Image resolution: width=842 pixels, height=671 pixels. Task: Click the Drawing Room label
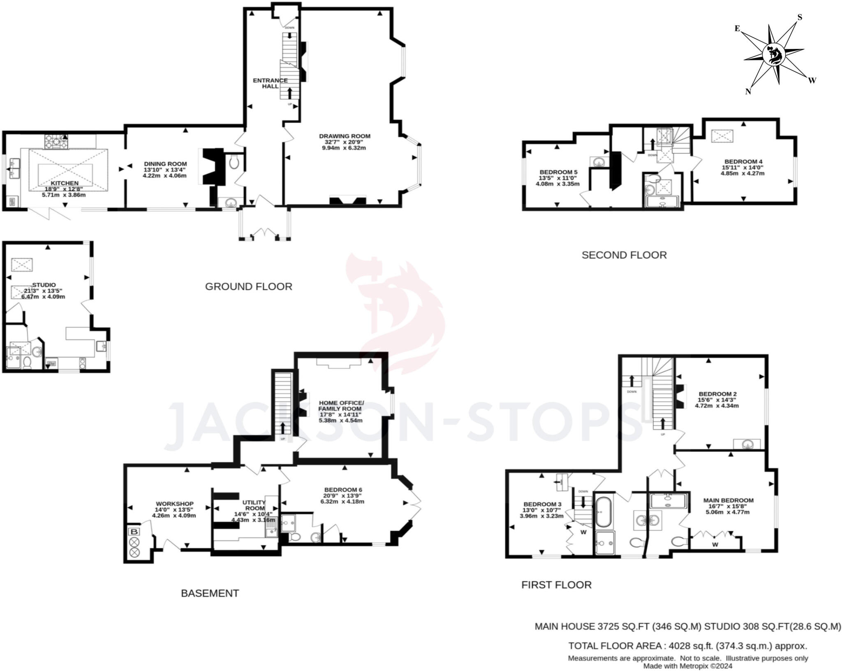[345, 136]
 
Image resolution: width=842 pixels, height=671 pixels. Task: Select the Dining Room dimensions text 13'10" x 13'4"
[165, 170]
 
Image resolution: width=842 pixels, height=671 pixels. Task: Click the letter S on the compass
[800, 17]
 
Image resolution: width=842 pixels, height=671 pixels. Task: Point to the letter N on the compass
[748, 92]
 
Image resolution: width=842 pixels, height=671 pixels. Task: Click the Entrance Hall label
[270, 83]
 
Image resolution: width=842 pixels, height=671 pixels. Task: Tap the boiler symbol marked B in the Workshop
[134, 532]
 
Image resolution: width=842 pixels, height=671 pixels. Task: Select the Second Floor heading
[624, 255]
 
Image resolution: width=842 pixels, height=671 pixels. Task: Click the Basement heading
[210, 593]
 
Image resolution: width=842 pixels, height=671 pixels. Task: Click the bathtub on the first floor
[603, 512]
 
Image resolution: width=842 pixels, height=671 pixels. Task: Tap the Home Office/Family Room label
[341, 405]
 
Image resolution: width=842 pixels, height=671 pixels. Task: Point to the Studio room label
[44, 285]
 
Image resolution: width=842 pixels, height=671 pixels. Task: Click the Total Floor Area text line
[687, 646]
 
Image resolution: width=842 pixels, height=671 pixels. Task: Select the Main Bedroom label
[728, 500]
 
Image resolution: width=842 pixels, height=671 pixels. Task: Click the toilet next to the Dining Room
[234, 162]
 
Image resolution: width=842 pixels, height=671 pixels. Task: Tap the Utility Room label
[254, 505]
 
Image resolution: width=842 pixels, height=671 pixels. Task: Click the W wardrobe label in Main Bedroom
[715, 545]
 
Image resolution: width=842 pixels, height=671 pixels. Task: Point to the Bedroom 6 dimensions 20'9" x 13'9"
[343, 495]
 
